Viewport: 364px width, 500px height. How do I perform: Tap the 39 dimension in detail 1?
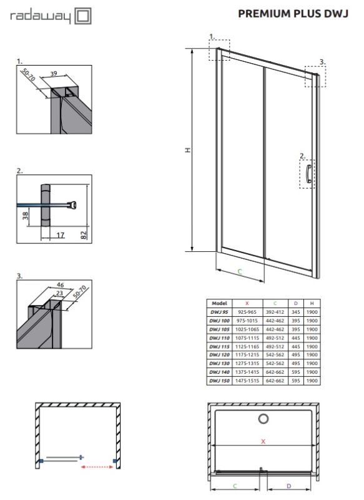click(54, 74)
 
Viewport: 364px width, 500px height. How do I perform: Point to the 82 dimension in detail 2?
click(84, 234)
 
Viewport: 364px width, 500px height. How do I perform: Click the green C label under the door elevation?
click(240, 271)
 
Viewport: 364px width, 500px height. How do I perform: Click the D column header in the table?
click(295, 302)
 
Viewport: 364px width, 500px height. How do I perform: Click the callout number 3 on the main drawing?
click(322, 62)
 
